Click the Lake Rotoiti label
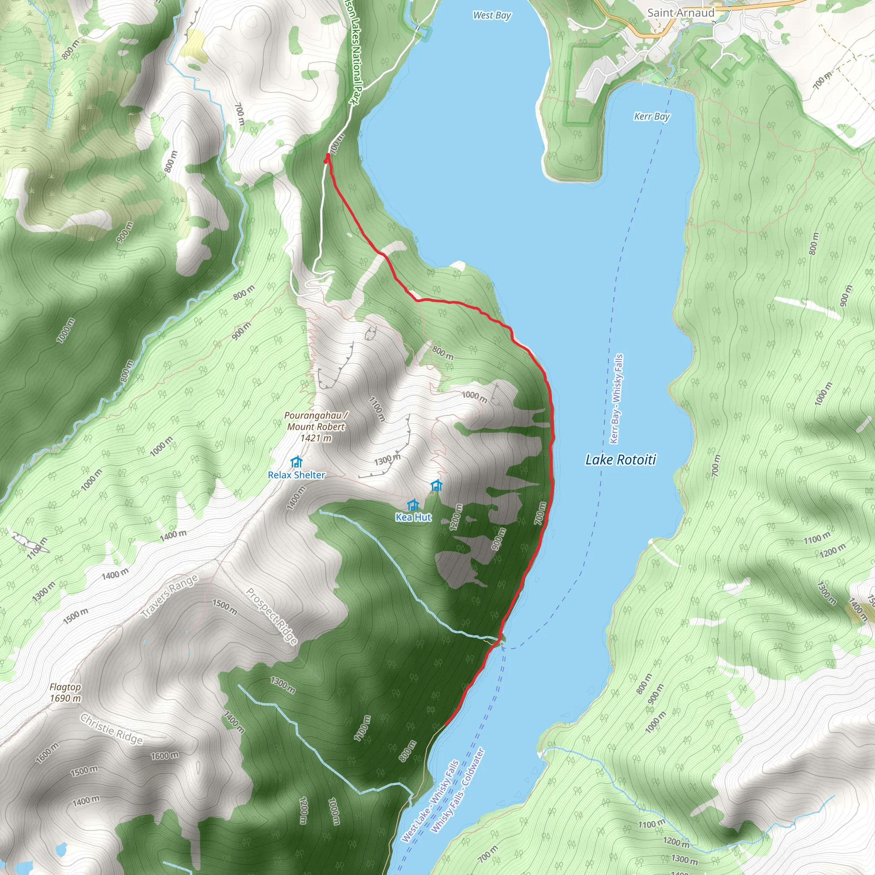click(620, 460)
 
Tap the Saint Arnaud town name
click(680, 13)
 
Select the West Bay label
click(492, 15)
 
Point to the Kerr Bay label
click(651, 116)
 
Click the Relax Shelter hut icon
click(297, 462)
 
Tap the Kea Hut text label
click(414, 517)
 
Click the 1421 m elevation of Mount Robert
click(316, 438)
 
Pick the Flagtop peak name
click(65, 687)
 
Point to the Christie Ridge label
click(112, 729)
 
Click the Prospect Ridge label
click(272, 616)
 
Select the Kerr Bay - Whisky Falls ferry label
click(617, 399)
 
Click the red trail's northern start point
click(327, 157)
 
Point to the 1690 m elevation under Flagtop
click(65, 699)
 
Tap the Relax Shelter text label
click(297, 475)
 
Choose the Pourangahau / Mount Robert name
click(316, 421)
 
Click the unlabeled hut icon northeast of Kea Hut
click(437, 485)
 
